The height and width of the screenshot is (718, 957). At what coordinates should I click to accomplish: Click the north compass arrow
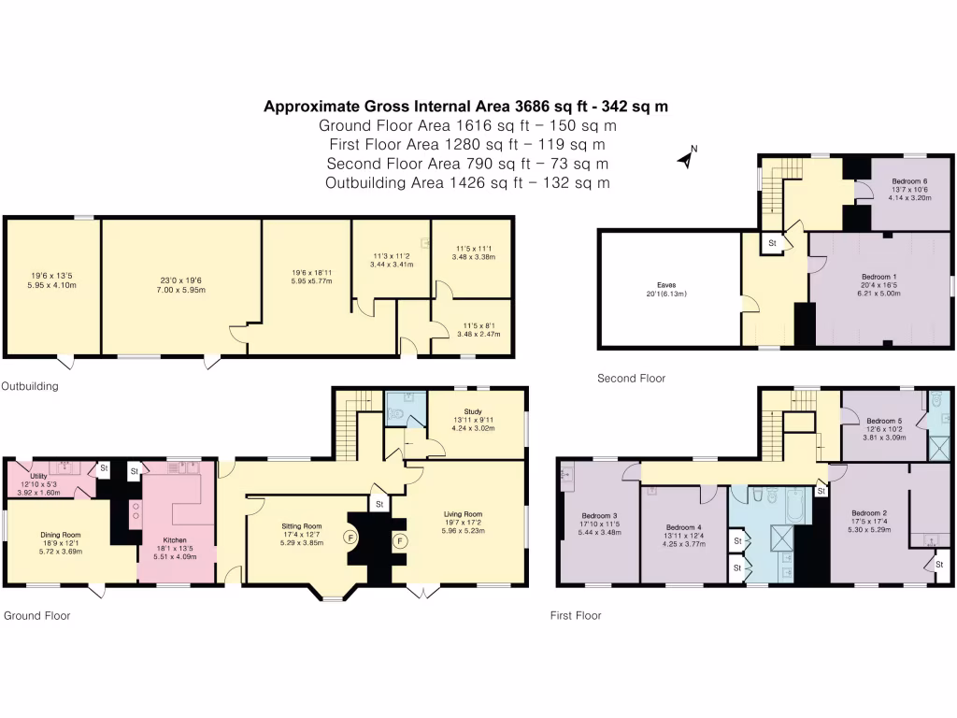pos(687,158)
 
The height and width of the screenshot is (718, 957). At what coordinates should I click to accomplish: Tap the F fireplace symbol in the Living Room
pos(399,540)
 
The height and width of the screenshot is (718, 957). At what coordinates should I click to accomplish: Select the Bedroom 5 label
pos(884,421)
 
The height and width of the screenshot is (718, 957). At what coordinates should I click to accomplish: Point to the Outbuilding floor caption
pos(30,385)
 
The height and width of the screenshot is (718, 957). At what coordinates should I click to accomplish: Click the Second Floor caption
pos(631,379)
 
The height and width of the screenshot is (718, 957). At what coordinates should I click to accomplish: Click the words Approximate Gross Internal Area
pos(373,107)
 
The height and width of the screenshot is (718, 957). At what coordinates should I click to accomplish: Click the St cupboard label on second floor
pos(773,243)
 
